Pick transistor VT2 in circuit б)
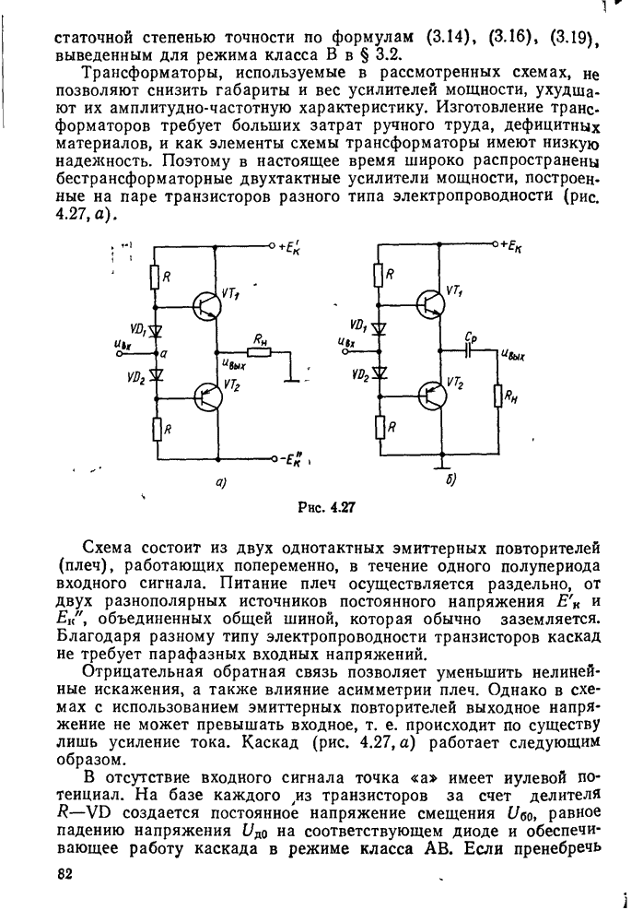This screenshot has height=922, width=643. [432, 395]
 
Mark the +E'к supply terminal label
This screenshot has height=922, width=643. [297, 246]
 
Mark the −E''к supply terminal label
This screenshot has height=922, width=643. [298, 459]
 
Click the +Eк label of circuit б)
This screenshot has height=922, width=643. [519, 246]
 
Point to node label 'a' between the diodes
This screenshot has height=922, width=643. [163, 353]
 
